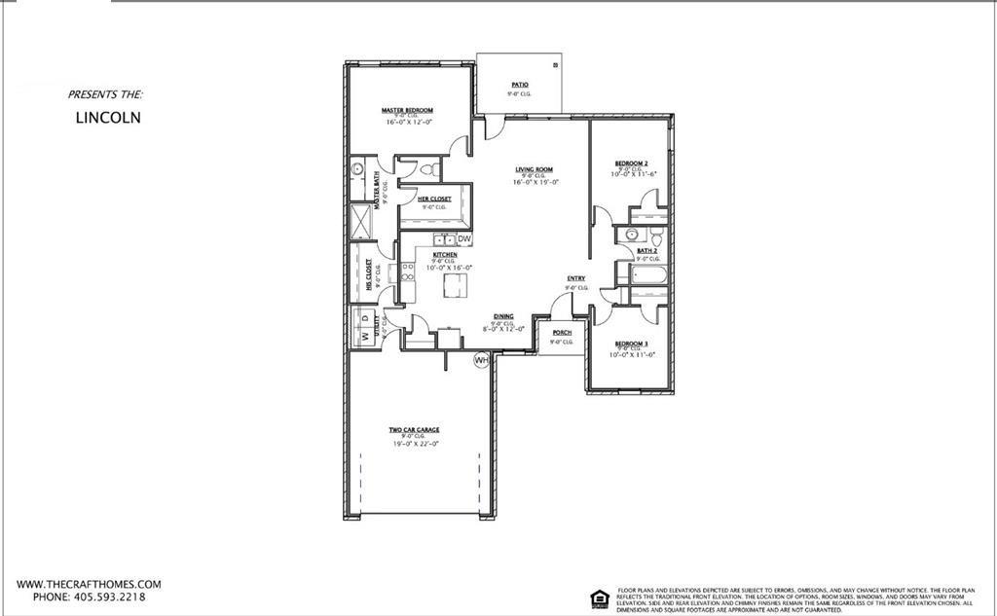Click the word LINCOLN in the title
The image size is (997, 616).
click(108, 118)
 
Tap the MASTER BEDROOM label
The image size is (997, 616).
click(407, 111)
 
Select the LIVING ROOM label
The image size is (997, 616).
click(535, 169)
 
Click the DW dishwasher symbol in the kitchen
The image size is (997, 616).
click(464, 238)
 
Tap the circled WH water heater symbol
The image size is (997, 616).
click(481, 360)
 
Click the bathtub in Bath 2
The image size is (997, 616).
click(647, 274)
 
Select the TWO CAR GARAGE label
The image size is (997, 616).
click(415, 429)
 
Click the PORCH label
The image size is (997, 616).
click(562, 333)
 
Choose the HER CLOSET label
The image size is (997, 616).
click(434, 199)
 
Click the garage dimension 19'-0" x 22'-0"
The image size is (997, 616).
click(416, 444)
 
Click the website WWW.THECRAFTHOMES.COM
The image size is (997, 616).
click(89, 584)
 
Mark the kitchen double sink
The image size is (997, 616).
click(445, 238)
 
